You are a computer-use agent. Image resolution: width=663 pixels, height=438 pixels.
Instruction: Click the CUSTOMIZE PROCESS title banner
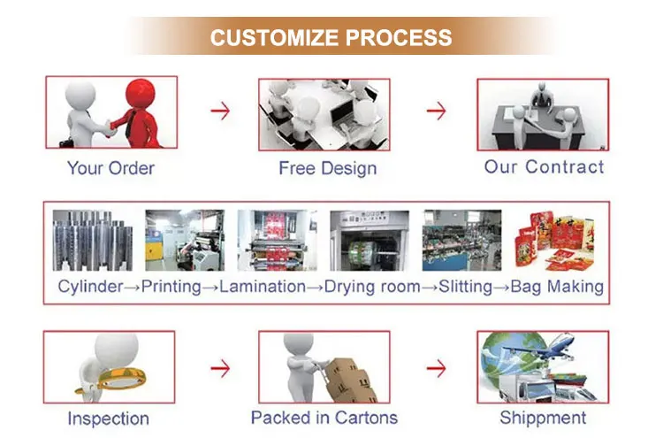pos(331,38)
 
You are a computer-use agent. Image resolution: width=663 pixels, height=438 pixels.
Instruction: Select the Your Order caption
pos(110,167)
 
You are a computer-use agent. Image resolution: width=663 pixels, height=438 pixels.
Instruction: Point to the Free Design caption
pos(327,167)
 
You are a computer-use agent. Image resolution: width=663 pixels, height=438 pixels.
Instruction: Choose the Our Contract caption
pos(544,166)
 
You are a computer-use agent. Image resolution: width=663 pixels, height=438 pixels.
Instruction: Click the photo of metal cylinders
pos(92,239)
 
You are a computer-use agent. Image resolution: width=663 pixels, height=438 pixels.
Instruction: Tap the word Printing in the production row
pos(171,287)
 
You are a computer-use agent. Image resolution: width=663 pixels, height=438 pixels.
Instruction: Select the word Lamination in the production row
pos(263,287)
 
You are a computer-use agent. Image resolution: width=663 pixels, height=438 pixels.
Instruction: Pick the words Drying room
pos(370,287)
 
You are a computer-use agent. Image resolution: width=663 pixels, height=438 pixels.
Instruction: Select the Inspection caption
pos(109,419)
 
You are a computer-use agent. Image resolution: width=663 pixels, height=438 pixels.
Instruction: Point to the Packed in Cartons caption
pos(324,418)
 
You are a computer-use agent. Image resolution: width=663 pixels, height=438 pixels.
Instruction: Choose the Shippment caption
pos(543,418)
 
